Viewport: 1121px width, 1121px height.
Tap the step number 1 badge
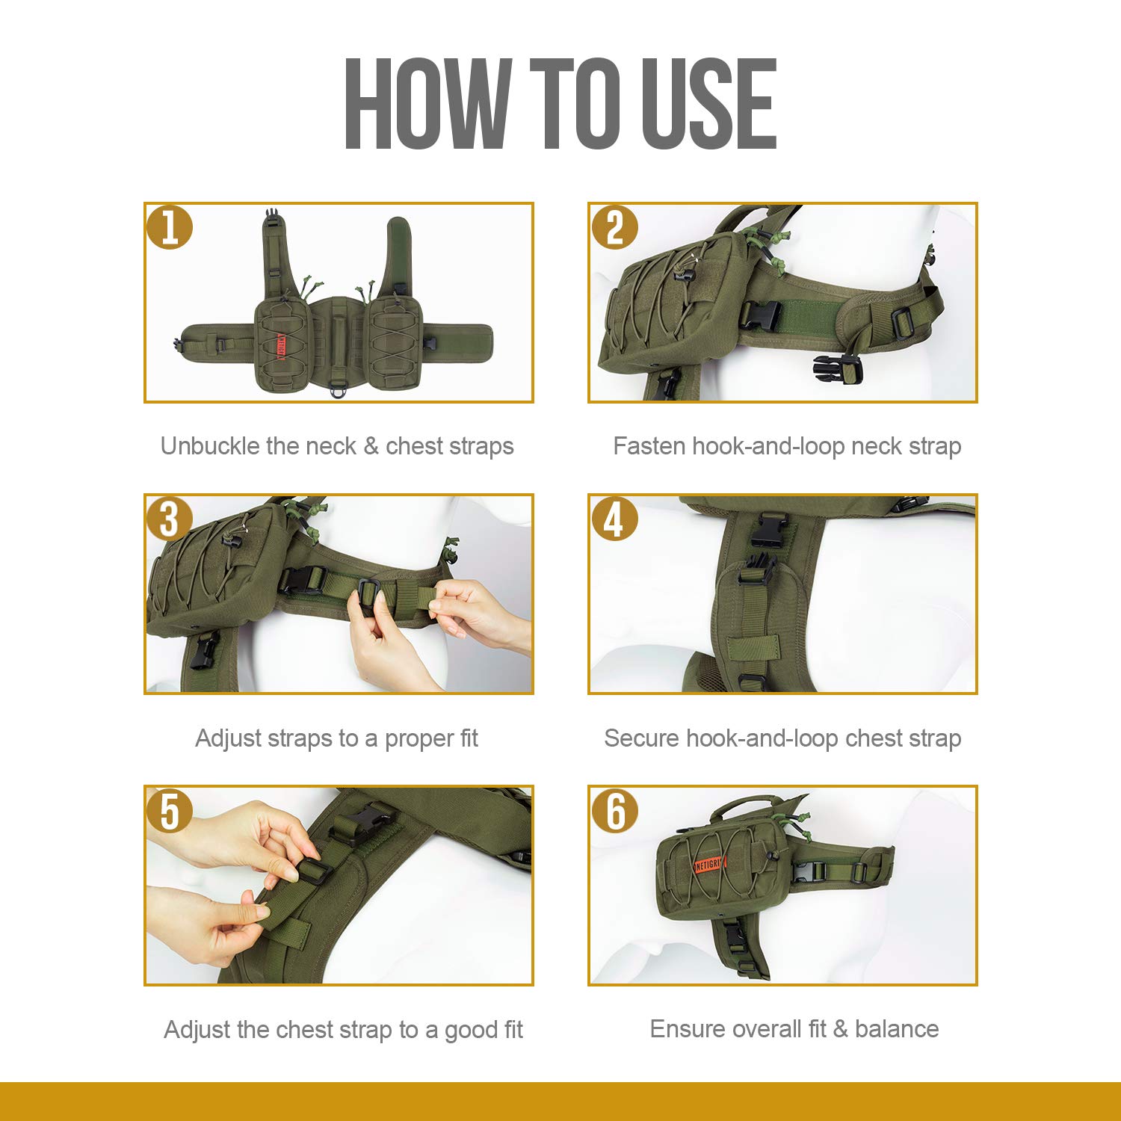coord(170,227)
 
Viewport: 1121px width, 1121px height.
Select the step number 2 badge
coord(614,227)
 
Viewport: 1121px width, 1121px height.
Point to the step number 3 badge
coord(170,519)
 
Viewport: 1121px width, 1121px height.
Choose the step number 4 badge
coord(614,519)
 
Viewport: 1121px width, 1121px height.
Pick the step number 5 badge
coord(170,810)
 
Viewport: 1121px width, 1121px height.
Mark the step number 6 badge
coord(614,810)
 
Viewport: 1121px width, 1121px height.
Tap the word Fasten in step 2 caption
coord(649,446)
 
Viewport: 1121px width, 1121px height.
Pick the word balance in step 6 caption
coord(897,1029)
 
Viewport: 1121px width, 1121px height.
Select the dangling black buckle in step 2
coord(838,368)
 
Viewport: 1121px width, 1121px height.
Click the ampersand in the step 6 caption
coord(840,1029)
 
